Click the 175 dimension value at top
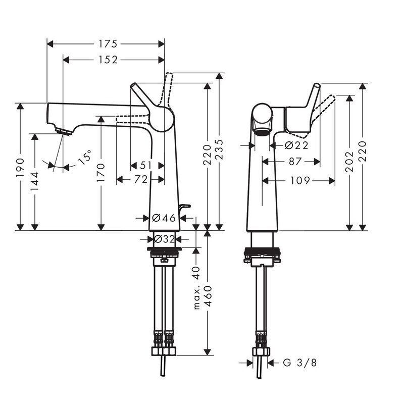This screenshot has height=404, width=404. coord(108,44)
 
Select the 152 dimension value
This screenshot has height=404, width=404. coord(108,60)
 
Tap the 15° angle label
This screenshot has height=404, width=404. coord(85,157)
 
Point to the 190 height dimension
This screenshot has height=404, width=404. coord(20,168)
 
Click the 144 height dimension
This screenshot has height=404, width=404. coord(34,181)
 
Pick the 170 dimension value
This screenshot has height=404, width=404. coord(101,172)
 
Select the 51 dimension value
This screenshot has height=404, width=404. coord(146,166)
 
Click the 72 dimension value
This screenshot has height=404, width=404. coord(141,179)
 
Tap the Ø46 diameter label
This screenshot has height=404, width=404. coord(164,218)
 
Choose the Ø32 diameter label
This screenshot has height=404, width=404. coord(165,239)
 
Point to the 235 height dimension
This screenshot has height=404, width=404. coord(219,149)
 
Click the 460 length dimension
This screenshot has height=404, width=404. coord(208,296)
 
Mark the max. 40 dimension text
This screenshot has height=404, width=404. coord(196,288)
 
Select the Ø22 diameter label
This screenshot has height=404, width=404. coord(296,145)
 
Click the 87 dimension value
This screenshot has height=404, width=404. coord(295,162)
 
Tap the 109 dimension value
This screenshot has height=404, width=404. coord(300,181)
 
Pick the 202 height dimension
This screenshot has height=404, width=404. coord(349,162)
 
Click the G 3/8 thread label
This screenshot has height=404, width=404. coord(299,363)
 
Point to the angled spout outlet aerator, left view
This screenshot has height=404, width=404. coord(64,131)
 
